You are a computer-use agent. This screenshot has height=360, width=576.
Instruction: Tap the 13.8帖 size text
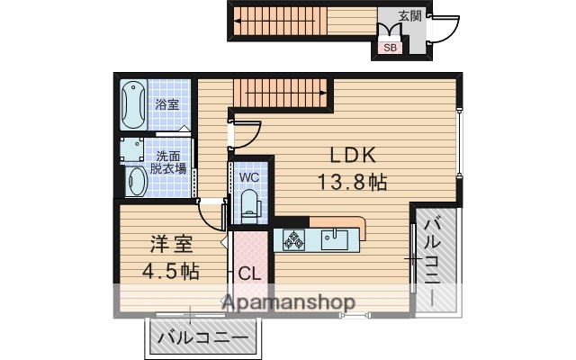coord(351,183)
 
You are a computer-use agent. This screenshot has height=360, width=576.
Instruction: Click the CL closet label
coord(249,274)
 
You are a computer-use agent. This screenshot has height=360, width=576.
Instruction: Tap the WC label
coord(249,177)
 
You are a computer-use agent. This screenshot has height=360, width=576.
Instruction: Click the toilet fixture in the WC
coord(249,205)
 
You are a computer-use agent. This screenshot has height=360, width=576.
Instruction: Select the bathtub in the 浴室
coord(133,105)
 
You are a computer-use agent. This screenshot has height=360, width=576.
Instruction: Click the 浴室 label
coord(166,104)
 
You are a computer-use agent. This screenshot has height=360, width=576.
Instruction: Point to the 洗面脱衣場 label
coord(168,162)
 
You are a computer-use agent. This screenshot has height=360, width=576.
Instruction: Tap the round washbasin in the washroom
coord(135,181)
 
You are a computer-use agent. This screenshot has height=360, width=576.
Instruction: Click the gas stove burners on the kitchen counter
coord(294,239)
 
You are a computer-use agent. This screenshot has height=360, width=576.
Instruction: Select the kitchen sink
coord(335,238)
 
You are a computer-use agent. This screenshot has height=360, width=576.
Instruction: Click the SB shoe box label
coord(390,48)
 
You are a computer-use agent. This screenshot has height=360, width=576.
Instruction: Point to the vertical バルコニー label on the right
coord(433,261)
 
